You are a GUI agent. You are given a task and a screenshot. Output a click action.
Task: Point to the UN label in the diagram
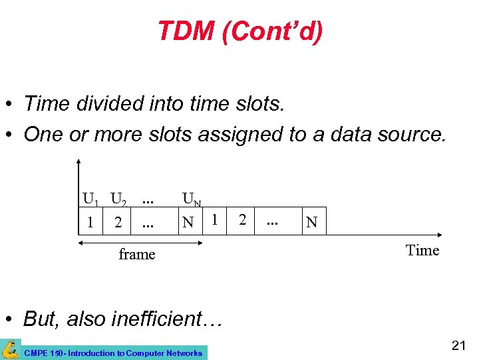192,199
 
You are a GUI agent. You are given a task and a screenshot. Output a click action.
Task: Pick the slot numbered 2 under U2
118,222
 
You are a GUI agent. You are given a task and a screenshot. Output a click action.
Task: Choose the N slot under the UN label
189,222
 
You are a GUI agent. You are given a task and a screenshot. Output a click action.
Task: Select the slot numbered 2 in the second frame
243,218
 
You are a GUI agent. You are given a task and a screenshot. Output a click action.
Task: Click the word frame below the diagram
136,254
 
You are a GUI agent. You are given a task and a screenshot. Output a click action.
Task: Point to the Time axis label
422,251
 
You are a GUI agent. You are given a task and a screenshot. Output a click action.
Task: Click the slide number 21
458,345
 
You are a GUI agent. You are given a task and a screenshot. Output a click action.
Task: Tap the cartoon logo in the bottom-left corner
10,349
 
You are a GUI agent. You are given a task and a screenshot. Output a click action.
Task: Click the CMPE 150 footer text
112,353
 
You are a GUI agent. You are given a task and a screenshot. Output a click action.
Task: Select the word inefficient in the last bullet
157,319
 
